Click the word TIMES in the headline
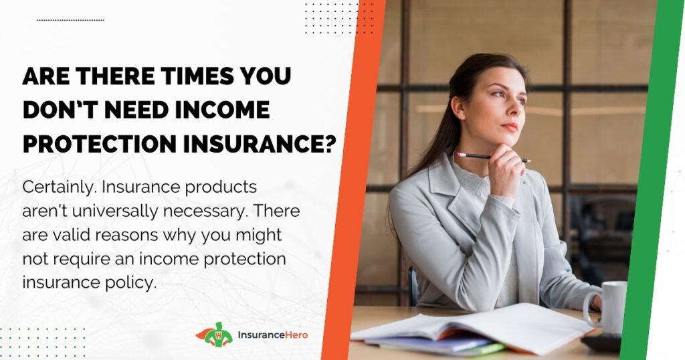[x=197, y=76]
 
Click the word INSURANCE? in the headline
[x=260, y=144]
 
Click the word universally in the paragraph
[x=115, y=211]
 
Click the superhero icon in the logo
[x=215, y=335]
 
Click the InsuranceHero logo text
[x=273, y=335]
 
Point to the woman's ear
[x=458, y=106]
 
